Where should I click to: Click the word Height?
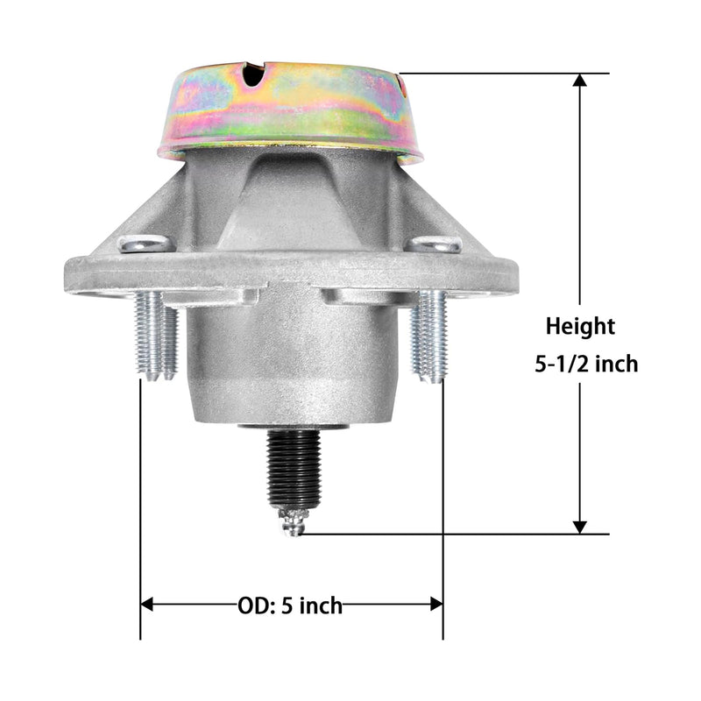tap(580, 328)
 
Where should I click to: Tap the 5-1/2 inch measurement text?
tap(586, 364)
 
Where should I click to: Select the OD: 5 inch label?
tap(290, 605)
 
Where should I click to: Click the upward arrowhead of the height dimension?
tap(580, 80)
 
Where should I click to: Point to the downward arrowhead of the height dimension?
tap(580, 528)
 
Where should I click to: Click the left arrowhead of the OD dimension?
tap(146, 604)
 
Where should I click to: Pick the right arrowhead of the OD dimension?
tap(436, 604)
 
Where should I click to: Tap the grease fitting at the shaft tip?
tap(293, 520)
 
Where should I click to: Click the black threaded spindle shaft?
tap(294, 469)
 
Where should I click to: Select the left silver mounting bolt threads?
tap(157, 336)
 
